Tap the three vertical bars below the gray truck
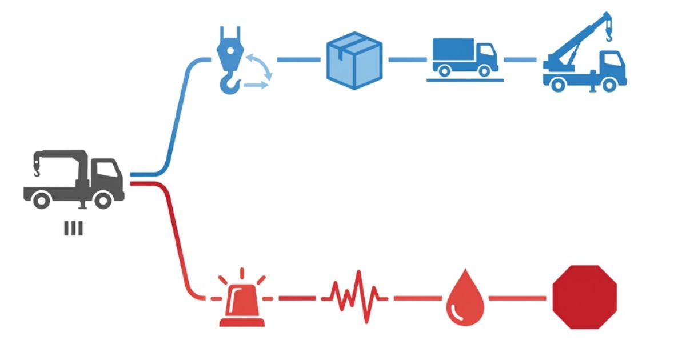pyautogui.click(x=73, y=229)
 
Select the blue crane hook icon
pyautogui.click(x=229, y=60)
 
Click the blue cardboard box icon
pyautogui.click(x=354, y=60)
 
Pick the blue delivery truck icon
pyautogui.click(x=464, y=57)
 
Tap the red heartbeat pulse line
pyautogui.click(x=354, y=297)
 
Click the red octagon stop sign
pyautogui.click(x=584, y=297)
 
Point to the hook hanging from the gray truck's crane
pyautogui.click(x=36, y=170)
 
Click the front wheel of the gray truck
pyautogui.click(x=103, y=199)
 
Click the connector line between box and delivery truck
pyautogui.click(x=407, y=59)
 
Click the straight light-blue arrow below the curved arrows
pyautogui.click(x=256, y=85)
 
